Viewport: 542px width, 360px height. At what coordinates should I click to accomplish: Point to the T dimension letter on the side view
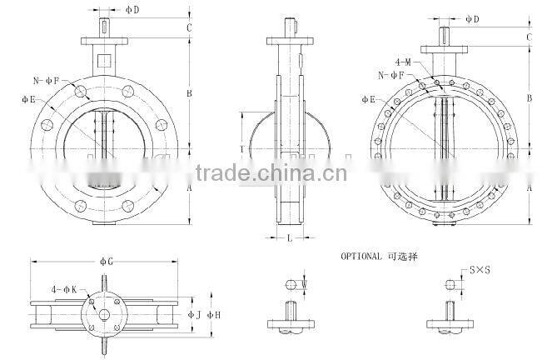(x=241, y=149)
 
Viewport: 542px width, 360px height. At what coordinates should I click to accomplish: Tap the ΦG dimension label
(x=107, y=262)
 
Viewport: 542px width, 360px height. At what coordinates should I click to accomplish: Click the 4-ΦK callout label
(x=64, y=289)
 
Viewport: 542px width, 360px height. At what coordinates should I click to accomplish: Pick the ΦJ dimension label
(x=194, y=314)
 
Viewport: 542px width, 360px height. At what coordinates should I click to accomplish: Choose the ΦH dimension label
(x=214, y=314)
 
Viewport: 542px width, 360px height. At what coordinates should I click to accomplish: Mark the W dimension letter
(x=305, y=285)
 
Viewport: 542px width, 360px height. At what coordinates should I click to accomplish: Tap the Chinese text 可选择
(x=404, y=257)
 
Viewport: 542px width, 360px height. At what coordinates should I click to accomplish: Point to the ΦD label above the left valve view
(x=132, y=10)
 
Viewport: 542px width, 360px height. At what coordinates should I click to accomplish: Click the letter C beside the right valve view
(x=529, y=37)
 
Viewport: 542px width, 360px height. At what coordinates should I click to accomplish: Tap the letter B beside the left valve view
(x=190, y=94)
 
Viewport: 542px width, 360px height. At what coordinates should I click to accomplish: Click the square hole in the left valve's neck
(x=105, y=59)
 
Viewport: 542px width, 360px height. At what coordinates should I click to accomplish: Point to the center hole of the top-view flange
(x=106, y=314)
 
